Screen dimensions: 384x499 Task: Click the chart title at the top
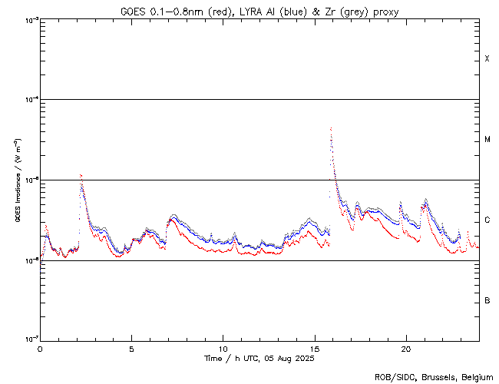tap(259, 10)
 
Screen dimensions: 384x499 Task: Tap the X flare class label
tap(487, 59)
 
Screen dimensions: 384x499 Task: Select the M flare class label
tap(487, 140)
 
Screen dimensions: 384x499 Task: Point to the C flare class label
tap(487, 220)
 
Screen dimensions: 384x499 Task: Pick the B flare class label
tap(487, 300)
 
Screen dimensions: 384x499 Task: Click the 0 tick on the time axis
tap(40, 348)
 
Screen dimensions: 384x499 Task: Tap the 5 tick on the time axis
tap(131, 348)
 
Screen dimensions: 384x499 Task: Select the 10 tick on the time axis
tap(223, 348)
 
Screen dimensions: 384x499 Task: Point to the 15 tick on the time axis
tap(315, 348)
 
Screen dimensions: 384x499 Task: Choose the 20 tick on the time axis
tap(406, 348)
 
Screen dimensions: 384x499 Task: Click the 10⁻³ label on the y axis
tap(31, 19)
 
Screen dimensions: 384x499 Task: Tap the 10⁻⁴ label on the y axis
tap(31, 100)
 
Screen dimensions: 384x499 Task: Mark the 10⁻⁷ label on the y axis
tap(31, 339)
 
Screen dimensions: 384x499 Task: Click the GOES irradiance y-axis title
tap(18, 180)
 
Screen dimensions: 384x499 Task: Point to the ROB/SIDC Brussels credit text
tap(434, 376)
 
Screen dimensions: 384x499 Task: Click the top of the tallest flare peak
tap(330, 128)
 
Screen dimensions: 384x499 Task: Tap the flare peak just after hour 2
tap(81, 175)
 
